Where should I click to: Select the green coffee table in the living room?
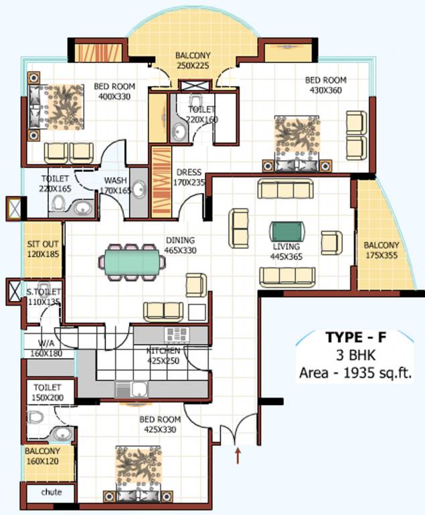pyautogui.click(x=288, y=231)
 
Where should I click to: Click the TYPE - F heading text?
pyautogui.click(x=355, y=337)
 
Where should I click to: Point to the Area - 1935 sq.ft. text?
pyautogui.click(x=355, y=371)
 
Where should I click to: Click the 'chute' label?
pyautogui.click(x=51, y=492)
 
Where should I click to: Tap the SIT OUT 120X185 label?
pyautogui.click(x=44, y=249)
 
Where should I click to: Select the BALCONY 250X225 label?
pyautogui.click(x=193, y=60)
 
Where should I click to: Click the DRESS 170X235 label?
pyautogui.click(x=188, y=177)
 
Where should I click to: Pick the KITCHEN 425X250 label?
pyautogui.click(x=163, y=355)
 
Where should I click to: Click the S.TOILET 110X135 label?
pyautogui.click(x=44, y=296)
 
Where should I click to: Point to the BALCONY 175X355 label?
pyautogui.click(x=382, y=250)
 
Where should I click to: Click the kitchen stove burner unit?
pyautogui.click(x=177, y=335)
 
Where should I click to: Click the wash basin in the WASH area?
pyautogui.click(x=139, y=190)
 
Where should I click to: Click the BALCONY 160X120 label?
pyautogui.click(x=44, y=456)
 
